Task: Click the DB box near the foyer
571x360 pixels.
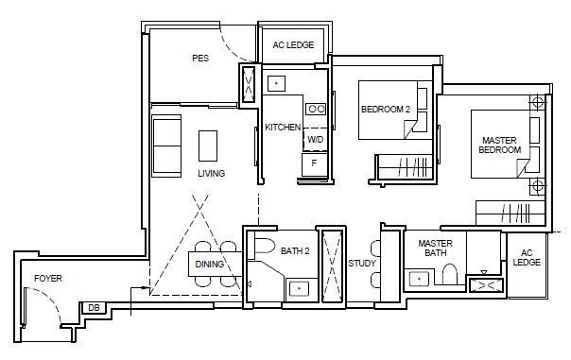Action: coord(94,308)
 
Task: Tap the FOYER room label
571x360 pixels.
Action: coord(48,279)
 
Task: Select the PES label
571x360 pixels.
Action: coord(200,59)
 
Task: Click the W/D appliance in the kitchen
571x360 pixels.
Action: coord(316,140)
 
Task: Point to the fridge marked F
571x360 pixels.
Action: coord(315,164)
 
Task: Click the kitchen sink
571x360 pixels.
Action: coord(276,84)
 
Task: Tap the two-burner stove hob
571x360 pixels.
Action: coord(316,109)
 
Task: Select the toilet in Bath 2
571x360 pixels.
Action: coord(265,246)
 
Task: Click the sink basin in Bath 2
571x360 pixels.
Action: coord(299,289)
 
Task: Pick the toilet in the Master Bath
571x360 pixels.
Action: coord(450,274)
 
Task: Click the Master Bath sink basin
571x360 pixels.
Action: coord(419,279)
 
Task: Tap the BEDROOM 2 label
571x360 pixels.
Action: coord(386,110)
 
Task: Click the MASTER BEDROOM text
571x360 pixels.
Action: coord(499,145)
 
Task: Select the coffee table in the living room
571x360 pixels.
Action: coord(208,146)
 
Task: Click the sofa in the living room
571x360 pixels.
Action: coord(166,146)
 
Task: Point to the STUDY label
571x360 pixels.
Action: coord(362,264)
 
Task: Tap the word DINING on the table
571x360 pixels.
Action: coord(209,264)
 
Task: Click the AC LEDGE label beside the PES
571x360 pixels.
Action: coord(293,44)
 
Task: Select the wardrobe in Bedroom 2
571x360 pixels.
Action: coord(405,166)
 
